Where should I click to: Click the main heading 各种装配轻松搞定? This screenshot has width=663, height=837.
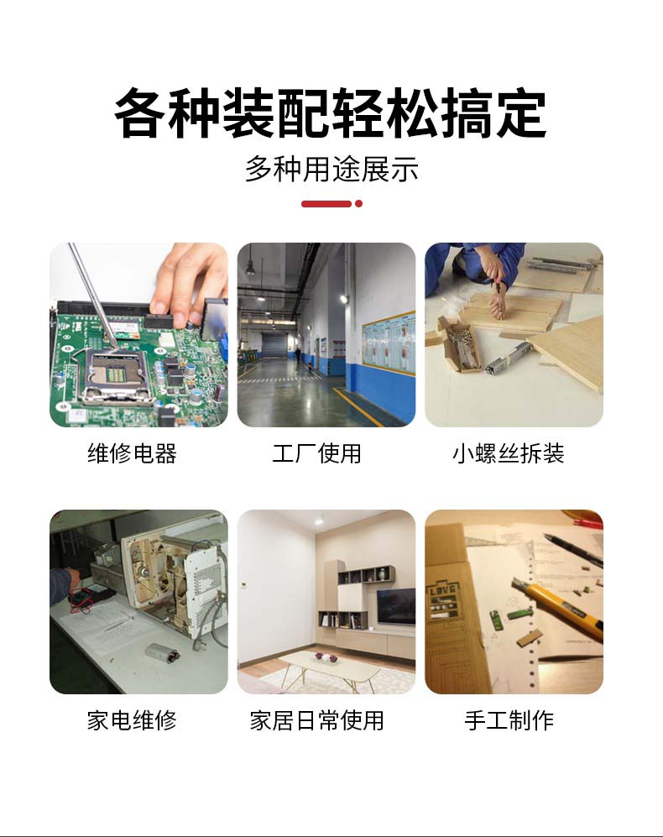point(331,114)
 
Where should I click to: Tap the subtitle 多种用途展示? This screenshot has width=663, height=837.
point(331,170)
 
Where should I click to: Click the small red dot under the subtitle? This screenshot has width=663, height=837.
point(358,203)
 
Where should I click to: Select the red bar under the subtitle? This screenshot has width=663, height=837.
point(326,203)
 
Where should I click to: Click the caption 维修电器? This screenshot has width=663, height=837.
point(132,453)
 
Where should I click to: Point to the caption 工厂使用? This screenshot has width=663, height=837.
point(317,453)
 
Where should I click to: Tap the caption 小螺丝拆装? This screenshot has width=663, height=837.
point(509,453)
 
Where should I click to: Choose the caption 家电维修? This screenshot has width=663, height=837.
point(132,720)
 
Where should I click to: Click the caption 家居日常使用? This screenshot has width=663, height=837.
point(317,720)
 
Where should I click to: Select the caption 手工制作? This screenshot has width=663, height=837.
point(509,720)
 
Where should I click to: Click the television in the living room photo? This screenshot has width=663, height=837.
point(395,606)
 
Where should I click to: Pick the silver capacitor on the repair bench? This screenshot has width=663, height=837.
point(162,651)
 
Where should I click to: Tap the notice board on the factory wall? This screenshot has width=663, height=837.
point(388,343)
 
